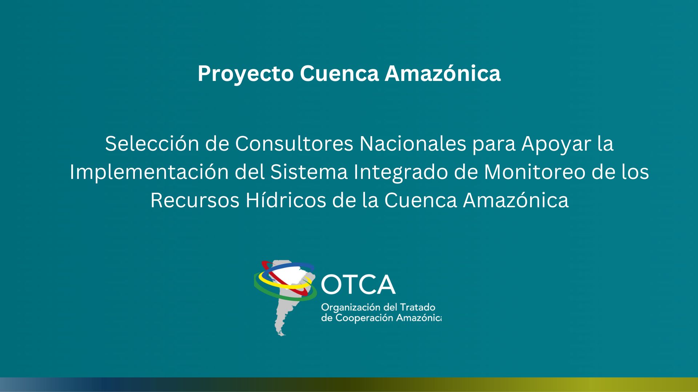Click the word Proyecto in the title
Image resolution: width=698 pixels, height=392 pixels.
tap(246, 74)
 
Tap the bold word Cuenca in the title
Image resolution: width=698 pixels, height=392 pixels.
tap(340, 73)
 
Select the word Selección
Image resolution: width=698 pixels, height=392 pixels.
tap(152, 143)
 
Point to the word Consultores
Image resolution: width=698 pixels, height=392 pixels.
tap(294, 143)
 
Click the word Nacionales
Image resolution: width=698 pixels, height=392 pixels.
tap(413, 143)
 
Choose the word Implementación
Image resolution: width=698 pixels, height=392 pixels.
tap(149, 172)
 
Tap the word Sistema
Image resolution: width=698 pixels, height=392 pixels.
tap(309, 172)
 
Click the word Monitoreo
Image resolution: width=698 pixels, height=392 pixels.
tap(535, 172)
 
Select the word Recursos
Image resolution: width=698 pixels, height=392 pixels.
tap(195, 200)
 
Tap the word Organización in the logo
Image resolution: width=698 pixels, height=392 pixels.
tap(350, 308)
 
